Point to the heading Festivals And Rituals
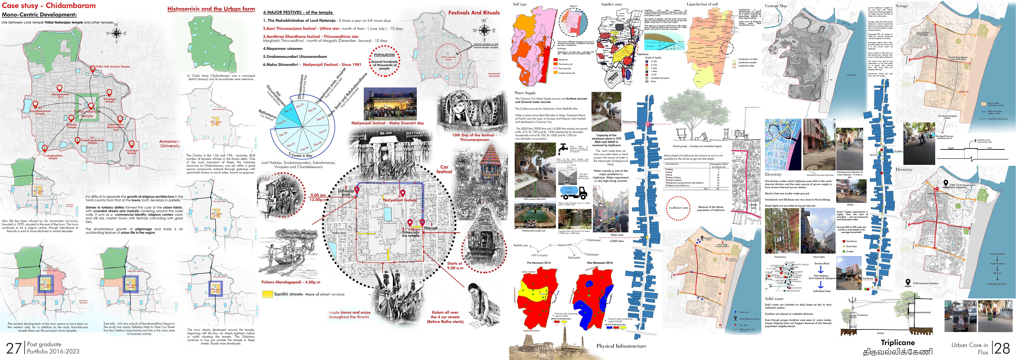[x=474, y=13]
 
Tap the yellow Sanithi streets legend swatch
[x=268, y=294]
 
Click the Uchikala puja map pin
[x=357, y=190]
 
